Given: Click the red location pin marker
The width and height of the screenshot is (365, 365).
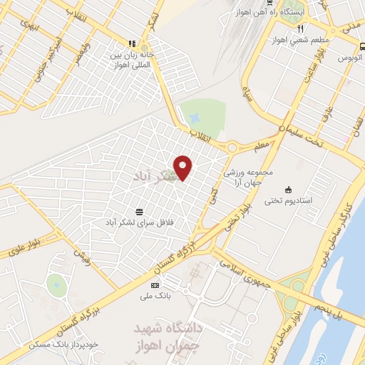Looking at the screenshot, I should [x=184, y=168].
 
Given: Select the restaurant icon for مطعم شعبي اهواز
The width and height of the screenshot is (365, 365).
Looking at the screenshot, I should [x=301, y=29].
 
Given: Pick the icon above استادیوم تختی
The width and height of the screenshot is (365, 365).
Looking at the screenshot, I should [x=288, y=190].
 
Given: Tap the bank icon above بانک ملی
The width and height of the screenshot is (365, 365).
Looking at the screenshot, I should [x=155, y=286].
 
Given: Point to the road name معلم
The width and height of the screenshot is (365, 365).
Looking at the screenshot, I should [x=262, y=148].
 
